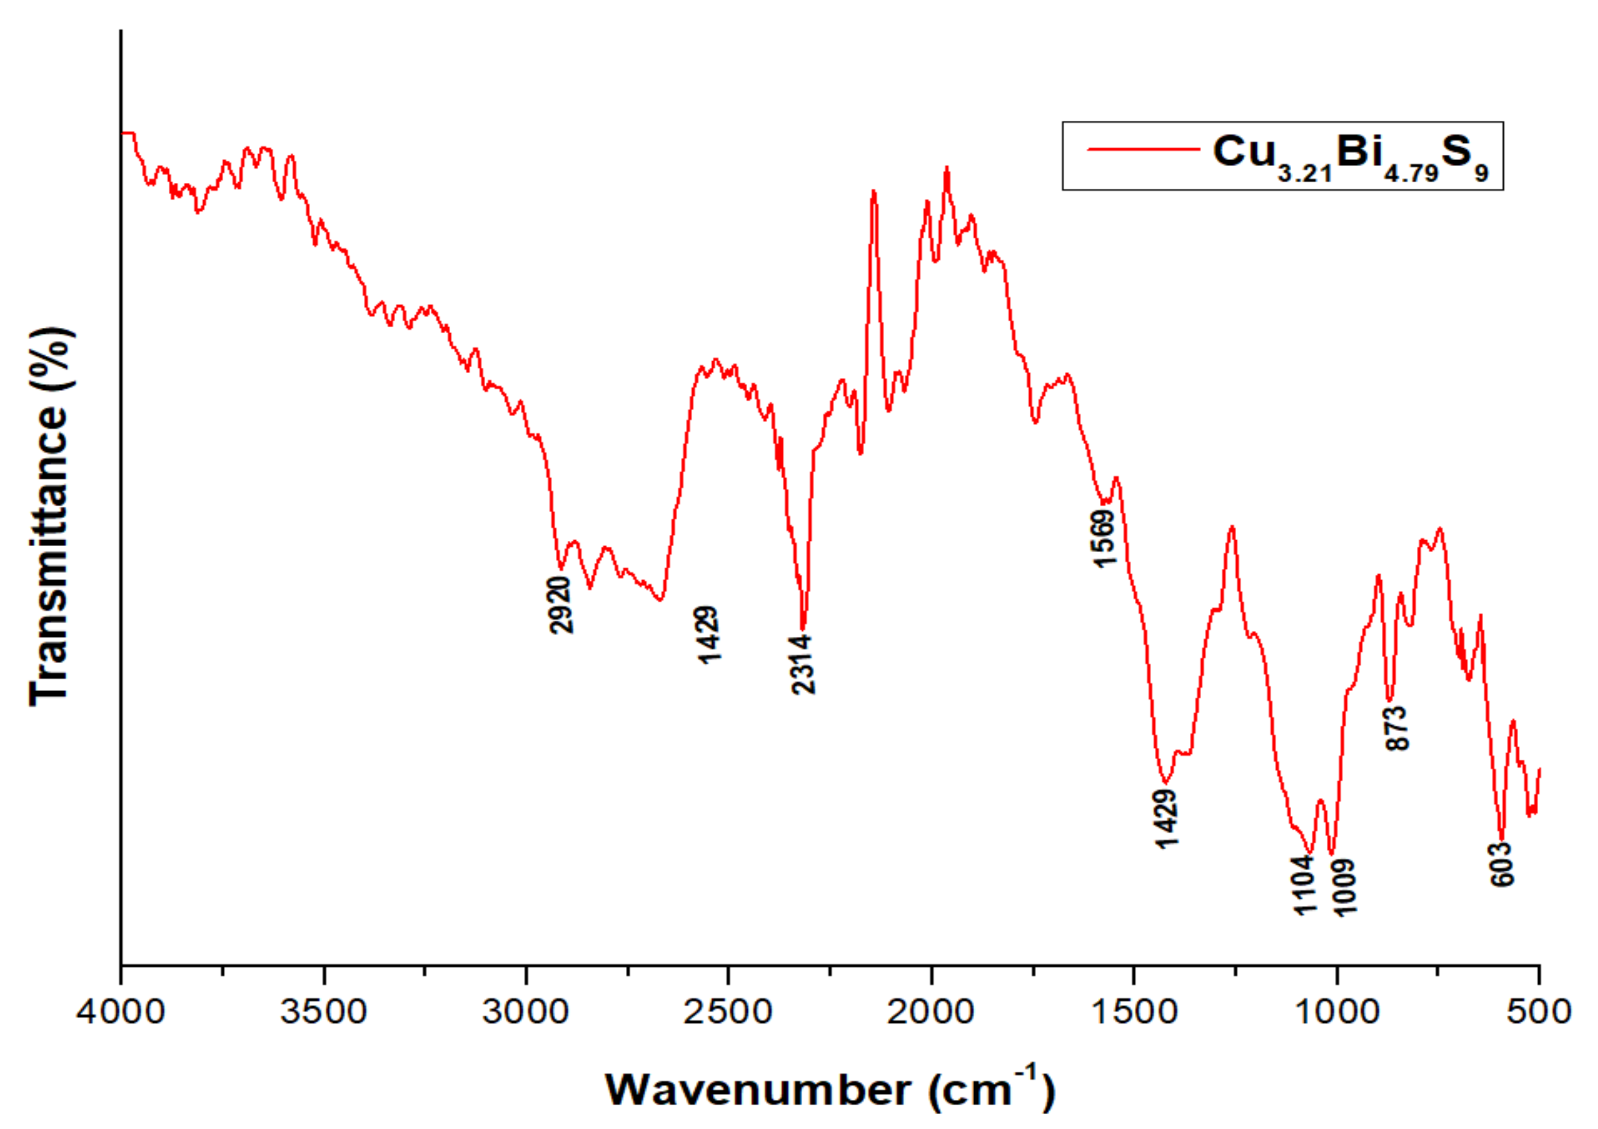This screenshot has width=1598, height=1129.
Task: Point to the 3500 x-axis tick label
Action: [x=323, y=1011]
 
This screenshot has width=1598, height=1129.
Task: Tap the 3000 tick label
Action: [x=526, y=1011]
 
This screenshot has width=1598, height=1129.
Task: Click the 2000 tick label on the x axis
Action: [x=931, y=1011]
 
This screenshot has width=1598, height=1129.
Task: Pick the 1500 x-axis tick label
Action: [x=1134, y=1011]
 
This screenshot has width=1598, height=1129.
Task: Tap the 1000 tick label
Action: [x=1337, y=1011]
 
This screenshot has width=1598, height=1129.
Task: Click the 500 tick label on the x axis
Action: [x=1539, y=1011]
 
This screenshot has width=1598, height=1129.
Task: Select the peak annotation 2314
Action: [x=803, y=664]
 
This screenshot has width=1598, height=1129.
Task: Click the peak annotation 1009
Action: [x=1345, y=887]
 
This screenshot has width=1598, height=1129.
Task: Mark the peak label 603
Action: [x=1503, y=864]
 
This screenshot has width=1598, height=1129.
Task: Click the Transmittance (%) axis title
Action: [x=50, y=517]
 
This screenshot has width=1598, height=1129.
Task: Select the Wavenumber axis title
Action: [x=830, y=1089]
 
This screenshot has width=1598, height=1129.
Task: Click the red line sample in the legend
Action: [x=1143, y=149]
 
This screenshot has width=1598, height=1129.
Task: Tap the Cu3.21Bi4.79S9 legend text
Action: [x=1350, y=156]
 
